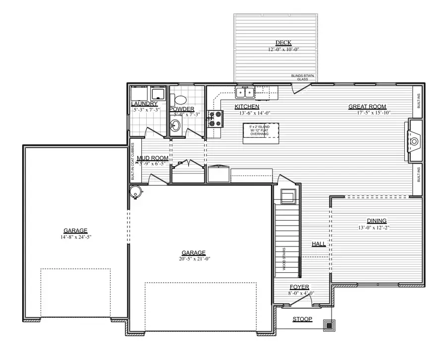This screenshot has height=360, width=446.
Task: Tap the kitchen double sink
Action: pos(245,92)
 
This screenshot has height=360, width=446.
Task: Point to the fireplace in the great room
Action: pos(414,140)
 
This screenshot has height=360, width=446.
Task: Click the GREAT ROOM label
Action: pos(367,107)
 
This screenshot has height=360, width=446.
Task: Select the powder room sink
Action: pos(176,124)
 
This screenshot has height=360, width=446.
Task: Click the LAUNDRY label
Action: pos(144,104)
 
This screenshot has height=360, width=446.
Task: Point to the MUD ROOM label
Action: pos(153,158)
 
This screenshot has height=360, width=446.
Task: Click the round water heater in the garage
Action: pos(135,192)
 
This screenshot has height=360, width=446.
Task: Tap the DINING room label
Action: pos(377,221)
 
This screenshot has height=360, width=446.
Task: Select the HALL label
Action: pos(319,244)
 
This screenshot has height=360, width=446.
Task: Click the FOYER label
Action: pos(299,287)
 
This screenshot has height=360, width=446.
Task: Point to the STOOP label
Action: pos(302,319)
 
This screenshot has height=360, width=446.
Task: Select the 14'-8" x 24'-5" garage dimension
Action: pos(75,237)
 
